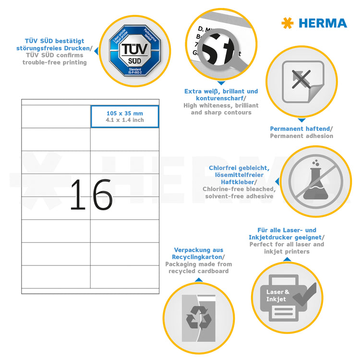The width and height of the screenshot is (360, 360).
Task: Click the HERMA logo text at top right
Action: tap(322, 23)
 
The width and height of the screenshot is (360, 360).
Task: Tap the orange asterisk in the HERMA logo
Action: tap(288, 23)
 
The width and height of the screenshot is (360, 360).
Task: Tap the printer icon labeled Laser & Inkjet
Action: tap(285, 297)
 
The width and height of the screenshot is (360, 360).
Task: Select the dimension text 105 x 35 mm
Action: tap(125, 113)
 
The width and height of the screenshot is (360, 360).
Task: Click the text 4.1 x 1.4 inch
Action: tap(125, 120)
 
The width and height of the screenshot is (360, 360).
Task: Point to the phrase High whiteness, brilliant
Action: tap(221, 105)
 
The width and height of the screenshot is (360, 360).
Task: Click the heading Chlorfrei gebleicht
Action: tap(239, 168)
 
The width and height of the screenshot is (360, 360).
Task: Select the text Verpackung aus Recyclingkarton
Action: tap(198, 253)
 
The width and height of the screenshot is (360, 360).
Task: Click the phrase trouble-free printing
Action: tap(54, 62)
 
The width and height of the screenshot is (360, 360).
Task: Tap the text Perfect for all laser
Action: tap(286, 244)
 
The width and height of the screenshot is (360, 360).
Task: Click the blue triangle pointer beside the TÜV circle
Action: tap(95, 50)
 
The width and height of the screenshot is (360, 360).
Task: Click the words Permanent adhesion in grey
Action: tap(301, 136)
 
